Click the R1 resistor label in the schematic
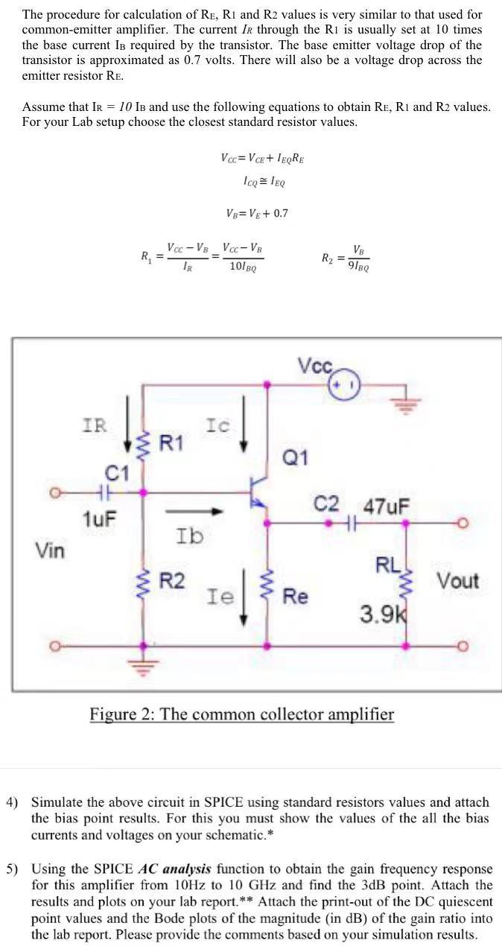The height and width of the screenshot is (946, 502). click(171, 443)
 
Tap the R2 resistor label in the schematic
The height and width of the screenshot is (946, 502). click(173, 580)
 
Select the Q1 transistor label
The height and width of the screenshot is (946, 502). click(296, 457)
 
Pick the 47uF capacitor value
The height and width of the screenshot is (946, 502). click(386, 506)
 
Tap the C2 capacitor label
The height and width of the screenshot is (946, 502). click(328, 504)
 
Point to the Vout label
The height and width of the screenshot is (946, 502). click(457, 580)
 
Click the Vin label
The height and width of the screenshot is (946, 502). click(51, 550)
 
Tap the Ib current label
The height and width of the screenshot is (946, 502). click(190, 535)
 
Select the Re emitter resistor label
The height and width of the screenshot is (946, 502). click(295, 596)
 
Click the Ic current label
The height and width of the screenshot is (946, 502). click(218, 425)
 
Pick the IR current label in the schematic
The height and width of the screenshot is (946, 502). click(94, 425)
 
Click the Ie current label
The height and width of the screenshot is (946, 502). click(220, 596)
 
